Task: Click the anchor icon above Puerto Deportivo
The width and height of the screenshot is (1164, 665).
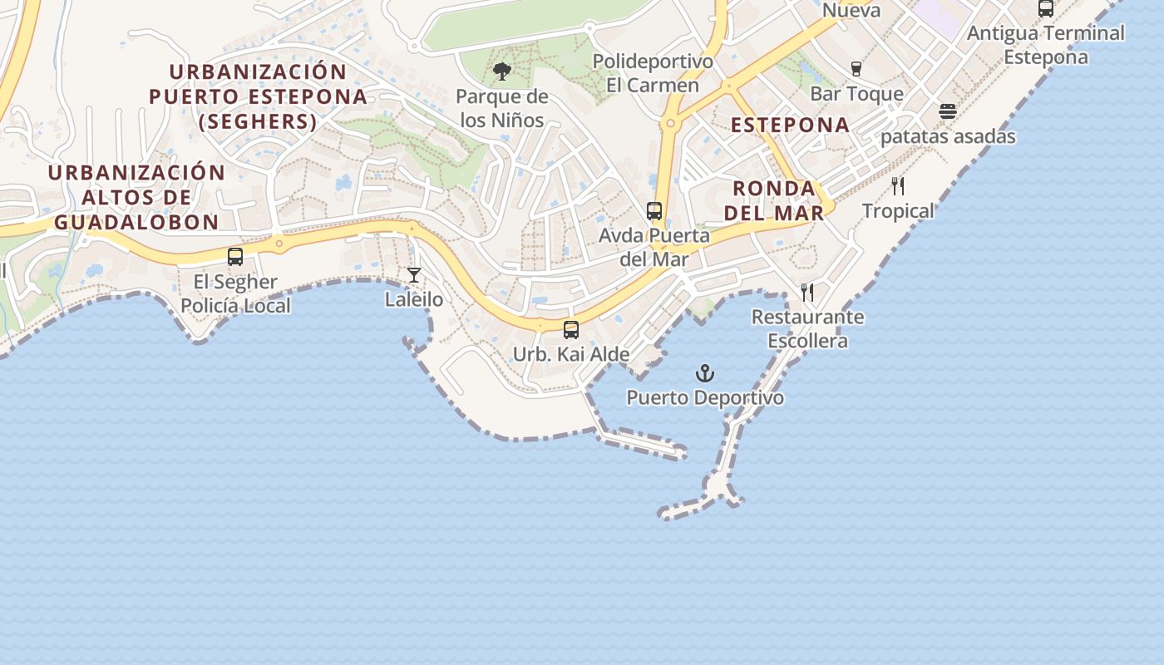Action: point(705,373)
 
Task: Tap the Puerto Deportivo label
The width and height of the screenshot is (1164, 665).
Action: point(705,398)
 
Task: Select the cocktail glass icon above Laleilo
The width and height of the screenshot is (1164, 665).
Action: point(414,275)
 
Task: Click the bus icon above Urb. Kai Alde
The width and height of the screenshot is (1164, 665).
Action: point(571,330)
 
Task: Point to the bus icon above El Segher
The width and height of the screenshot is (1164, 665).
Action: point(235,257)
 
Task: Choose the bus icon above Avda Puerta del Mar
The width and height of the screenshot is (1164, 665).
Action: point(654,211)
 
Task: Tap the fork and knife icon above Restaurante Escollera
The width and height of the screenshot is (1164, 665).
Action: point(807,293)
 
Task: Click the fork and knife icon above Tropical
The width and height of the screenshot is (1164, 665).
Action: point(898,186)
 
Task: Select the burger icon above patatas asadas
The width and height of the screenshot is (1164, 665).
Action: point(948,111)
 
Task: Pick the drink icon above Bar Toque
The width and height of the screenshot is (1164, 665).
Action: point(856,69)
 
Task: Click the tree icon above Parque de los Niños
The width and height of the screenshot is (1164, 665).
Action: point(501,71)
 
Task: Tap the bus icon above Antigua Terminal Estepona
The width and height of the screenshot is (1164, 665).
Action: point(1046,9)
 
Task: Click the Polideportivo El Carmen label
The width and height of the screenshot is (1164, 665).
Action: point(653,73)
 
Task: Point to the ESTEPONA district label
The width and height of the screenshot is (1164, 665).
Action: point(790,126)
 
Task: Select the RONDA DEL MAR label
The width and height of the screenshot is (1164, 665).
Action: point(773,200)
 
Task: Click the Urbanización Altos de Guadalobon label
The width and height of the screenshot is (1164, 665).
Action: point(136,197)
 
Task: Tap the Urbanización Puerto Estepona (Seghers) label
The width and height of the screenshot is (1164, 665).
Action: point(258,96)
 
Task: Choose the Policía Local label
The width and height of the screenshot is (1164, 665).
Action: point(236,306)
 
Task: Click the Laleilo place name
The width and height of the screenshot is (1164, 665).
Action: point(414,299)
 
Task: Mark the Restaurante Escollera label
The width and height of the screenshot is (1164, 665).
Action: point(807,329)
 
